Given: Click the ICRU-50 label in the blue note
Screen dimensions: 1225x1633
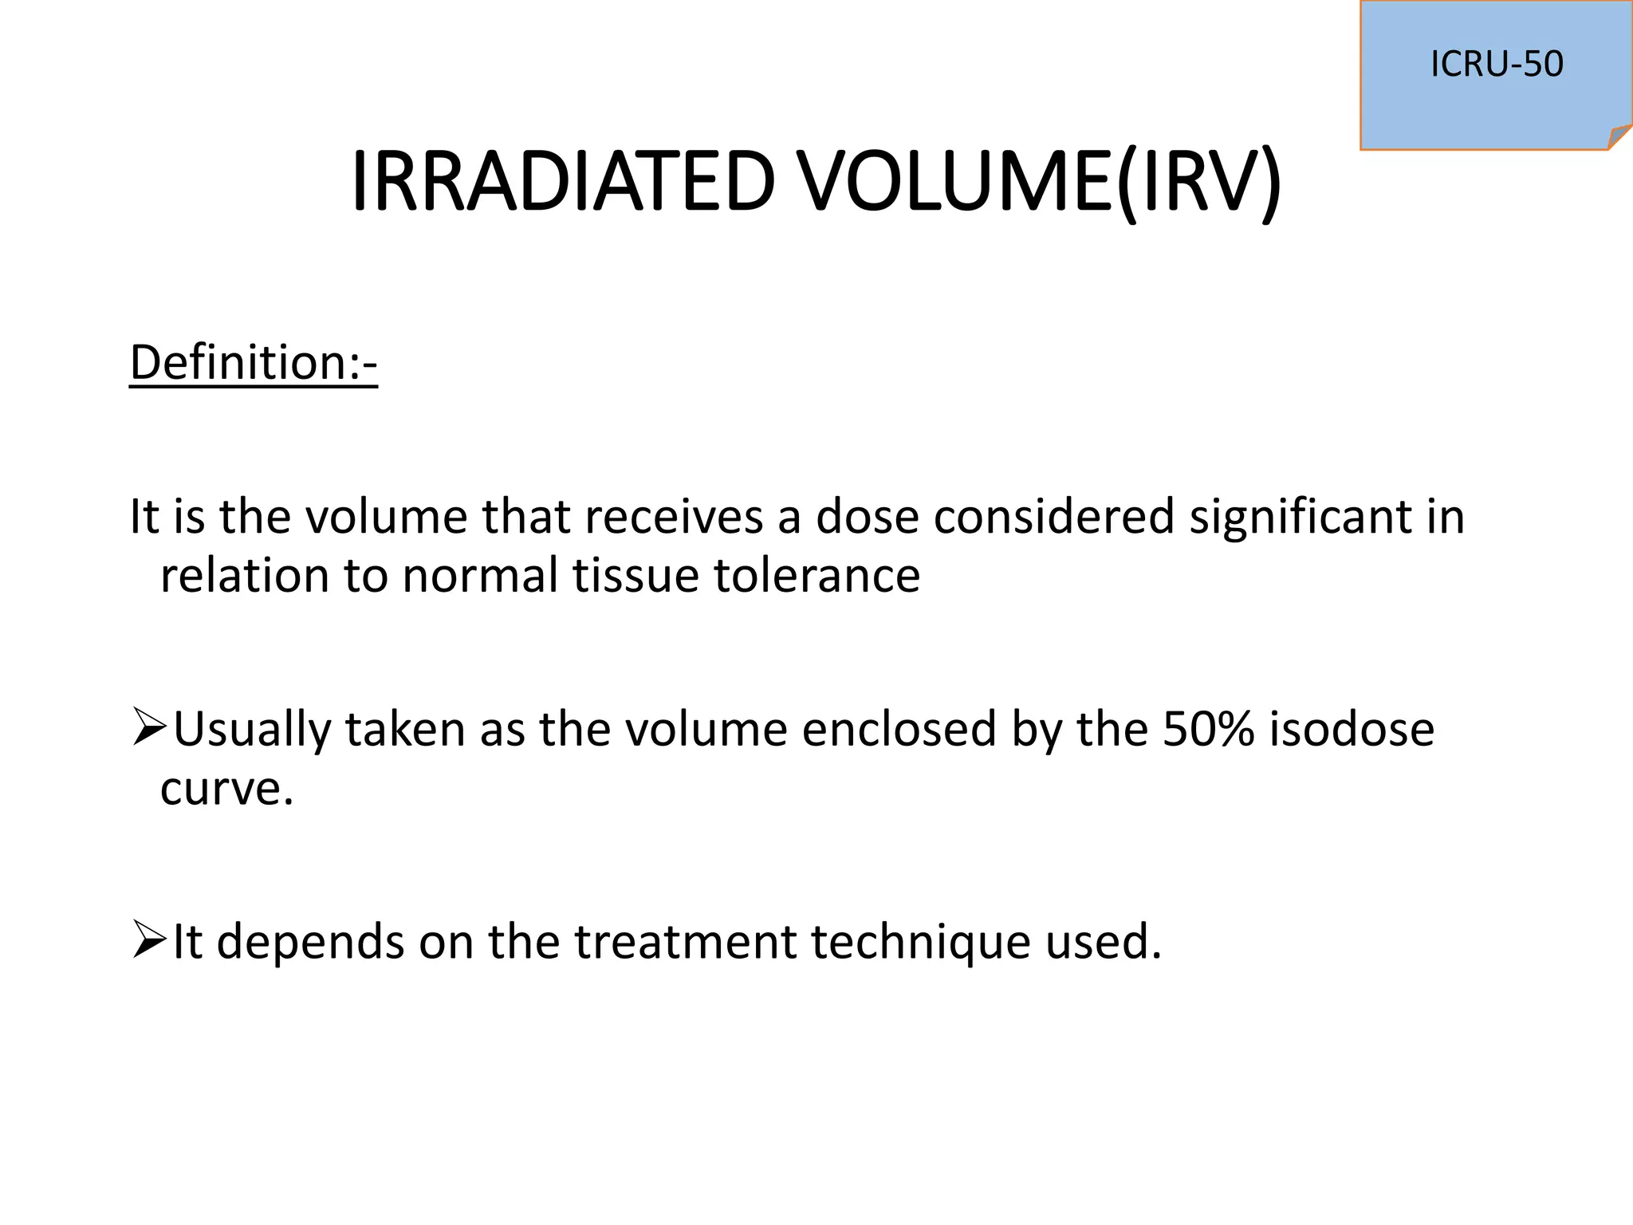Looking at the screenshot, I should tap(1496, 64).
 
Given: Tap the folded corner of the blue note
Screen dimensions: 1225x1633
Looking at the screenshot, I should tap(1619, 137).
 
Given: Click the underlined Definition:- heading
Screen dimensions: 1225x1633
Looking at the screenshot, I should tap(253, 363).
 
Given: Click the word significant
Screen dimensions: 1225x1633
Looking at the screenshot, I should tap(1300, 516).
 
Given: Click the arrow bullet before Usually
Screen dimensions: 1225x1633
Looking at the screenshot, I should tap(148, 728).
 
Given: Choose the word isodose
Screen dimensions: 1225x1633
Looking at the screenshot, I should tap(1352, 729).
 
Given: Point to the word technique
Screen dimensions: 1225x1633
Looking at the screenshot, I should tap(920, 942).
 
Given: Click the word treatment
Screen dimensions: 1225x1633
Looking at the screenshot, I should tap(685, 942).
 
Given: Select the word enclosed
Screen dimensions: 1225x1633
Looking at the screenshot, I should tap(899, 729).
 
